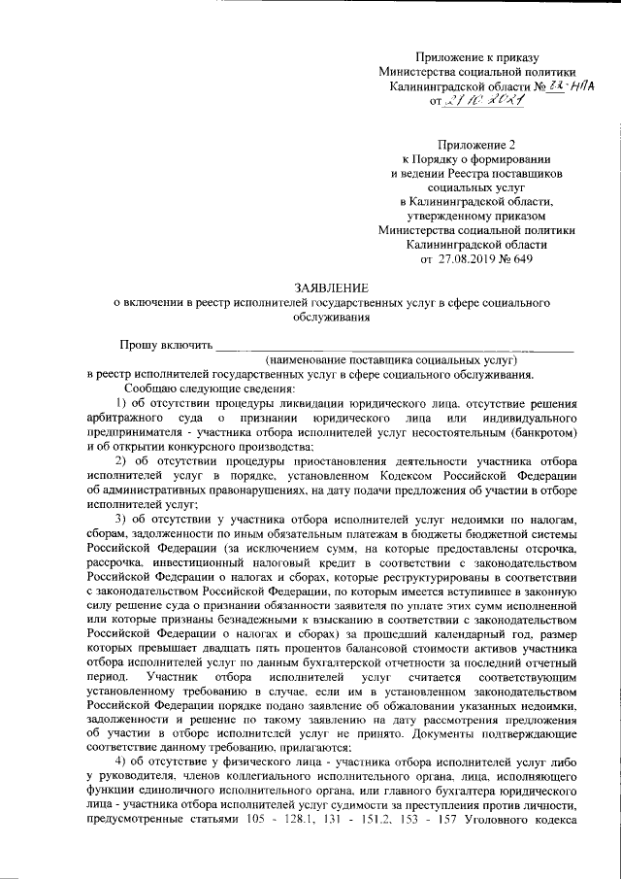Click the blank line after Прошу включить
[x=394, y=344]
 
